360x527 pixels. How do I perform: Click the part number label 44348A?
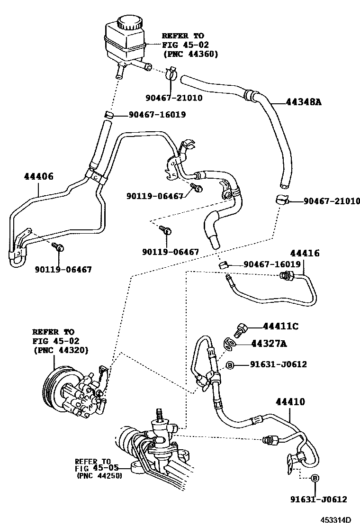click(x=303, y=101)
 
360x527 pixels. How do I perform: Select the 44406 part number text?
click(x=38, y=176)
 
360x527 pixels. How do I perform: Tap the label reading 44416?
click(x=305, y=253)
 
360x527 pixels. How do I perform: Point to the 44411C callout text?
click(x=281, y=327)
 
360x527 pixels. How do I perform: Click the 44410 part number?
click(x=290, y=402)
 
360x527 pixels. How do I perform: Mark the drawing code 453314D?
click(x=334, y=520)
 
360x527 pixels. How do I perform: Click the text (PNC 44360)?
click(x=190, y=54)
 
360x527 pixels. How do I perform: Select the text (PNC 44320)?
click(x=61, y=350)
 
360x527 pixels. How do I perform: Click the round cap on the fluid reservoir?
click(x=128, y=22)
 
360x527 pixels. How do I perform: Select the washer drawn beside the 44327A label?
click(x=230, y=344)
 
